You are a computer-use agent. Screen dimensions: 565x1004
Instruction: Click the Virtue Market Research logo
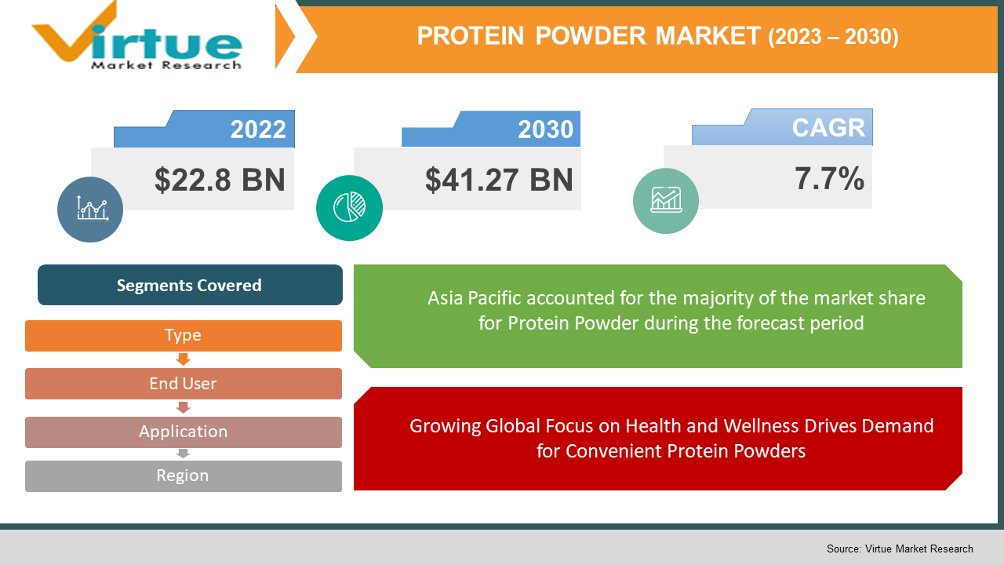[137, 39]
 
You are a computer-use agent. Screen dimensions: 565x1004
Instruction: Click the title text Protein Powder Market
[588, 36]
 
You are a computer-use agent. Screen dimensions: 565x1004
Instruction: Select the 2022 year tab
[257, 129]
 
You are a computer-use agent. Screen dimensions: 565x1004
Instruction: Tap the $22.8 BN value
[220, 180]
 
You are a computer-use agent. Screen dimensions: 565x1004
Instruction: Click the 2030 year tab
[545, 129]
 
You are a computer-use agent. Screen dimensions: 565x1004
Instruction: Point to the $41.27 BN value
[499, 180]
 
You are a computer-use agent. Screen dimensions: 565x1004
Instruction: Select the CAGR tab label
[828, 127]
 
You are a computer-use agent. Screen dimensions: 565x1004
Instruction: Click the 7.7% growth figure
[829, 179]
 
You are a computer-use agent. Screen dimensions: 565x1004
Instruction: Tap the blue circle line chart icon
[90, 209]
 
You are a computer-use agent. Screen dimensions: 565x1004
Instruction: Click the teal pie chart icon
[349, 208]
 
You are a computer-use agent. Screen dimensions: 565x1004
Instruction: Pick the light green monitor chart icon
[665, 201]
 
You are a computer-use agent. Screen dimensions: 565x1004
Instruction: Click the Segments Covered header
[189, 286]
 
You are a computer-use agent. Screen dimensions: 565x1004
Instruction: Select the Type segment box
[183, 336]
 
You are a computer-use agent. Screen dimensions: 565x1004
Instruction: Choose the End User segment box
[183, 384]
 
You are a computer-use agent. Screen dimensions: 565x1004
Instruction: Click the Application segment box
[183, 432]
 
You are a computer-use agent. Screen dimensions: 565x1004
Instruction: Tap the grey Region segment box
[183, 476]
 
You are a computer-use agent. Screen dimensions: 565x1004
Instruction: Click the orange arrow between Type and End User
[183, 359]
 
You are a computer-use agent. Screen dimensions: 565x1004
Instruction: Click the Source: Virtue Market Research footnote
[899, 549]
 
